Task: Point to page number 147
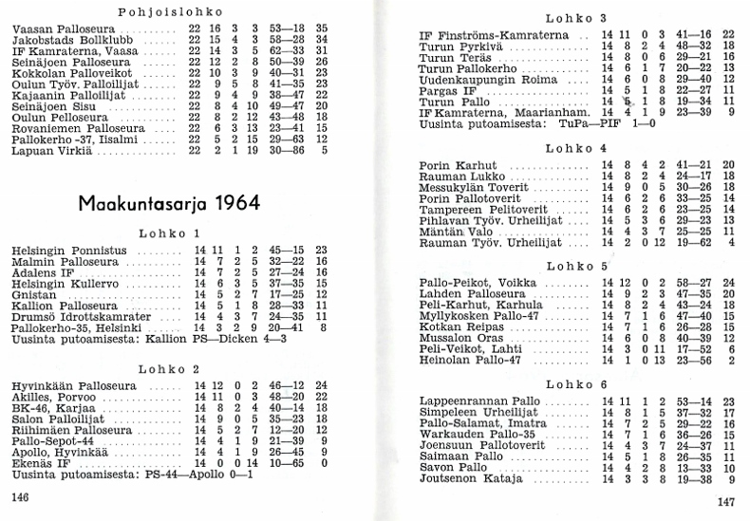pos(726,504)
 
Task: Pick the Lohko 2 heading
pos(168,368)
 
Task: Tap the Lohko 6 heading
pos(576,383)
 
